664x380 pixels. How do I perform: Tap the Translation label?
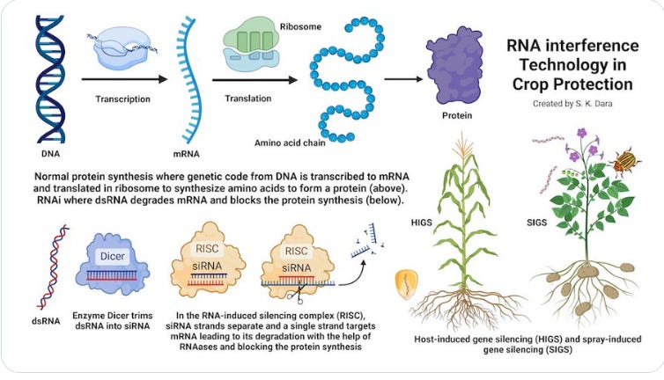[248, 99]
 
